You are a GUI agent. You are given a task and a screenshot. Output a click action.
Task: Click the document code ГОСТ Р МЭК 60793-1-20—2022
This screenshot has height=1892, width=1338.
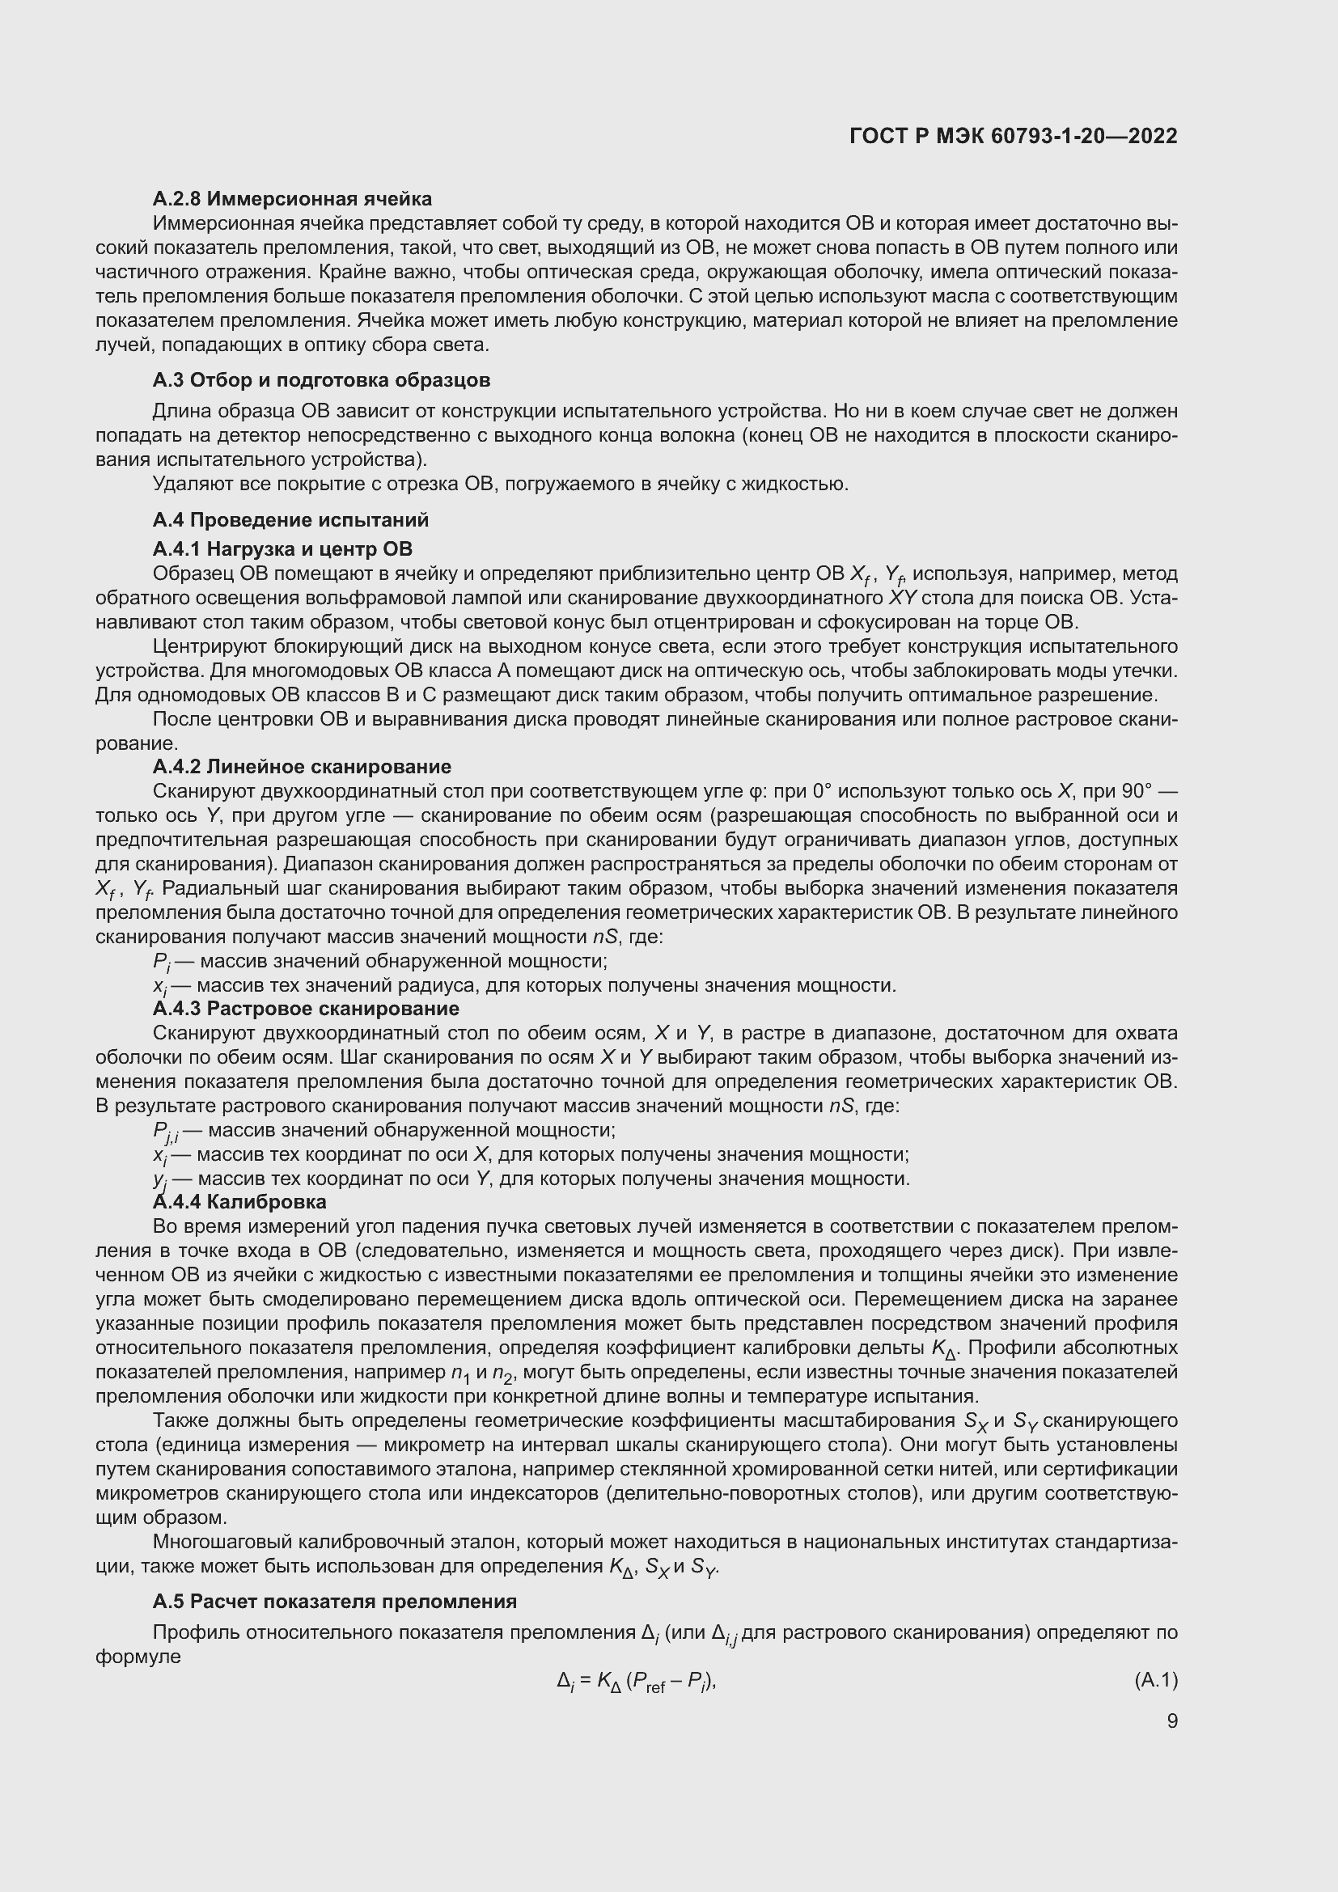point(1013,136)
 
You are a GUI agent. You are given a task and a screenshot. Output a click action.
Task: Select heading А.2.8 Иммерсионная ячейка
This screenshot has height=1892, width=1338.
point(292,199)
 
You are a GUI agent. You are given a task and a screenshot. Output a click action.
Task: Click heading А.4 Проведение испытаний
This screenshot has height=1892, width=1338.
point(290,520)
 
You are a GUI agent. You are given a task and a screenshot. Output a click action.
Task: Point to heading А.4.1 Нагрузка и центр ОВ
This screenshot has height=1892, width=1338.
point(282,548)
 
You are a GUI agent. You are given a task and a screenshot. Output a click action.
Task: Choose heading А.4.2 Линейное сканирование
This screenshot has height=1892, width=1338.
point(302,767)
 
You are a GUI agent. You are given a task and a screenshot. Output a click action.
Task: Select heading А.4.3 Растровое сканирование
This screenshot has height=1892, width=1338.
point(306,1009)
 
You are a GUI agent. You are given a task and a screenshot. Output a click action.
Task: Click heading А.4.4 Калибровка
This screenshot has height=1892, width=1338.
point(239,1201)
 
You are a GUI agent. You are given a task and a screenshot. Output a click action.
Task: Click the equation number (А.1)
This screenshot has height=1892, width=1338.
point(1156,1679)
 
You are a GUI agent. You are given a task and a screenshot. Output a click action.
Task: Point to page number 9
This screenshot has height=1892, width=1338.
point(1171,1721)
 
